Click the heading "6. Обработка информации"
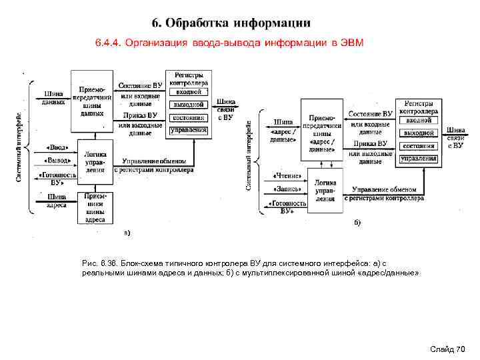click(x=231, y=23)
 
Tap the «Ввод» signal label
click(x=56, y=148)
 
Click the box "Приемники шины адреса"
click(x=95, y=207)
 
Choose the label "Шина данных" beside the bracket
click(x=53, y=98)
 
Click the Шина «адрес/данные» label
click(x=283, y=127)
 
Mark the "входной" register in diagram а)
click(x=189, y=92)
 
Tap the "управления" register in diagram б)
click(x=419, y=159)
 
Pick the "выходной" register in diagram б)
click(x=419, y=133)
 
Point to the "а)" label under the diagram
click(x=127, y=233)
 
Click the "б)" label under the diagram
click(x=357, y=222)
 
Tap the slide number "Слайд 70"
click(x=448, y=349)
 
